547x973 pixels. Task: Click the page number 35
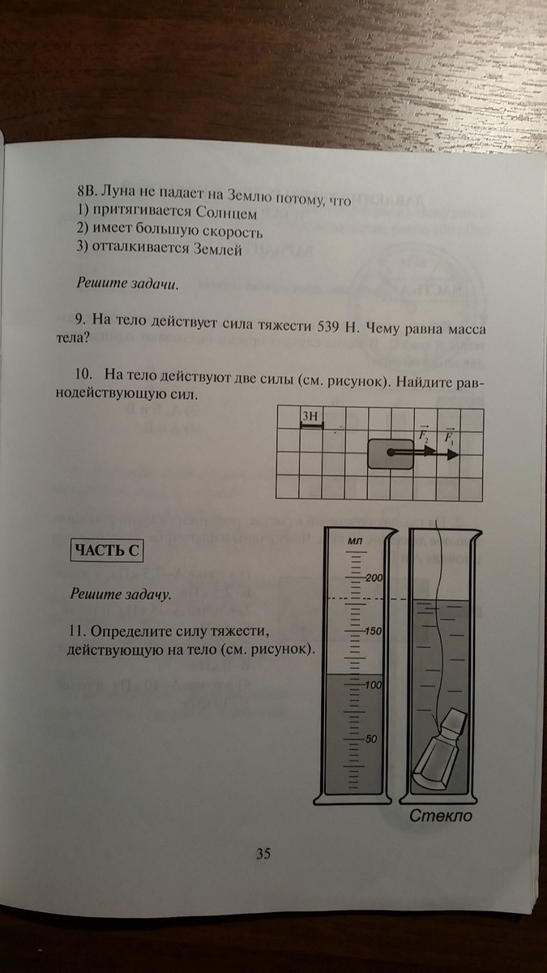pyautogui.click(x=263, y=853)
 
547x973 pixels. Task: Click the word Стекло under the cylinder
pyautogui.click(x=441, y=816)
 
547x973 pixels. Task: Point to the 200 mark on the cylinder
pyautogui.click(x=373, y=578)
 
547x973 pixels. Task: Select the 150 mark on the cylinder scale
pyautogui.click(x=371, y=632)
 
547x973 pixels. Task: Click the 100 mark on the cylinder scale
pyautogui.click(x=371, y=686)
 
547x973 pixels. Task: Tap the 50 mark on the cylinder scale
pyautogui.click(x=373, y=739)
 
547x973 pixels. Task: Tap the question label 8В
pyautogui.click(x=87, y=195)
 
